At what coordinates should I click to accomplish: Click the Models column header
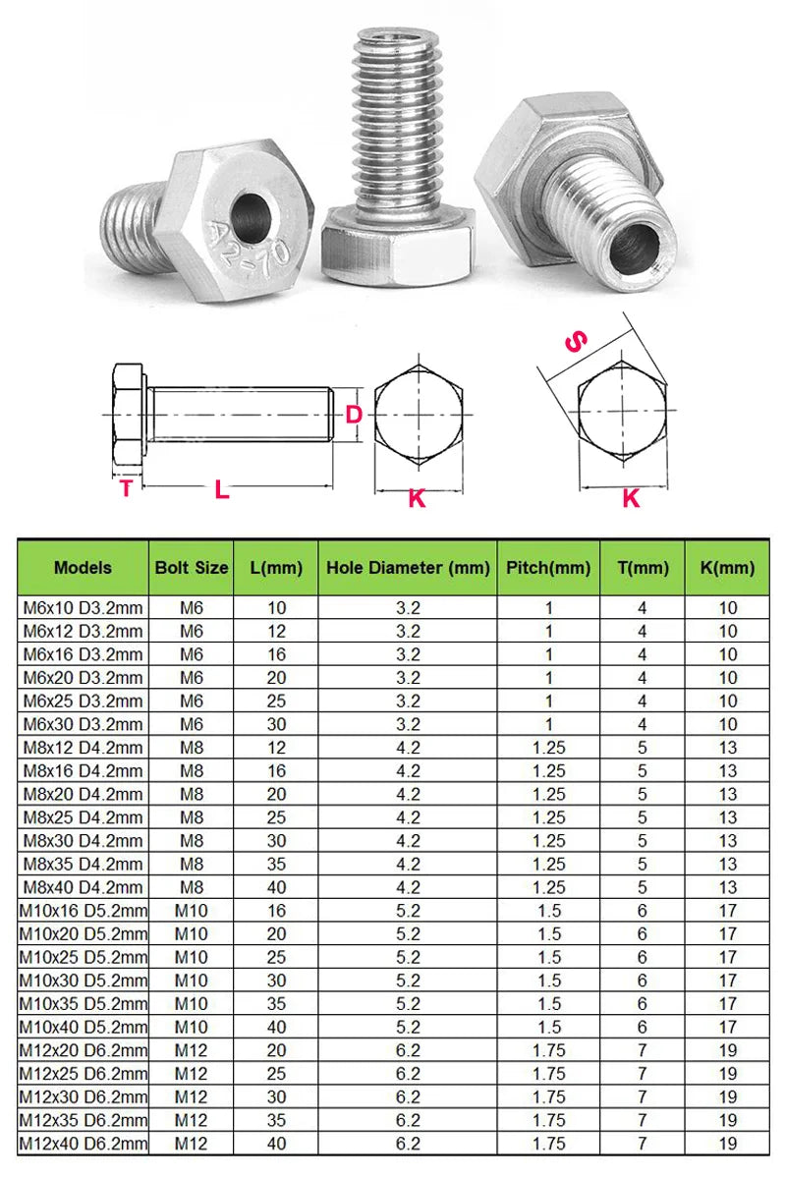[x=83, y=567]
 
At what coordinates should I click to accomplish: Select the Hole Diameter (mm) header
[x=408, y=567]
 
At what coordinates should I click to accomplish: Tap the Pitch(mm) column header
[x=548, y=567]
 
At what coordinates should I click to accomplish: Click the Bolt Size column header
[x=192, y=567]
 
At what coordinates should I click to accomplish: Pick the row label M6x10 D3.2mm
[x=83, y=607]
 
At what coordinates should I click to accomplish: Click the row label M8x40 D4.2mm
[x=83, y=887]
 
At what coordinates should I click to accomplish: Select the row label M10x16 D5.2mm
[x=83, y=911]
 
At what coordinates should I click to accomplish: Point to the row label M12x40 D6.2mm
[x=83, y=1143]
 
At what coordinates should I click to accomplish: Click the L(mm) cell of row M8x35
[x=277, y=864]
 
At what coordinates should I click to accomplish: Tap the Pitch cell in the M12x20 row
[x=548, y=1050]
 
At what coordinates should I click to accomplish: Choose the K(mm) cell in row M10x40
[x=727, y=1027]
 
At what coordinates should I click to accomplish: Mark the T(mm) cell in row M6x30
[x=643, y=724]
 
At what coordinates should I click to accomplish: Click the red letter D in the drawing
[x=354, y=415]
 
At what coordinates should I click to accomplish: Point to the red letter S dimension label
[x=576, y=342]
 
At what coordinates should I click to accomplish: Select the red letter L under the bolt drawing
[x=222, y=489]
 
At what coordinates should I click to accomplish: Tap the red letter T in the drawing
[x=126, y=488]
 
